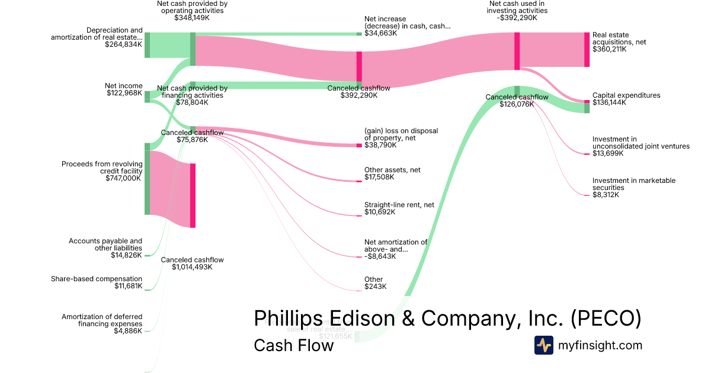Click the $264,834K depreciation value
(124, 44)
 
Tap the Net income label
(124, 86)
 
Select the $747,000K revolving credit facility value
(124, 178)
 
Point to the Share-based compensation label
(97, 279)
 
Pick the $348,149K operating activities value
(192, 18)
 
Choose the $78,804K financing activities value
(192, 102)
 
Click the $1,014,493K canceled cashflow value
(192, 267)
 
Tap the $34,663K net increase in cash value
(380, 34)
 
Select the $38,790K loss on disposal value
(380, 145)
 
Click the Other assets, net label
(392, 170)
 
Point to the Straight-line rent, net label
(399, 205)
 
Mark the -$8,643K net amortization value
(380, 256)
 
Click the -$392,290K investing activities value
(517, 18)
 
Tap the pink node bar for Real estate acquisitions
(587, 50)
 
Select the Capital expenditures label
(626, 95)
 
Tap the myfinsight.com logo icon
(543, 345)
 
